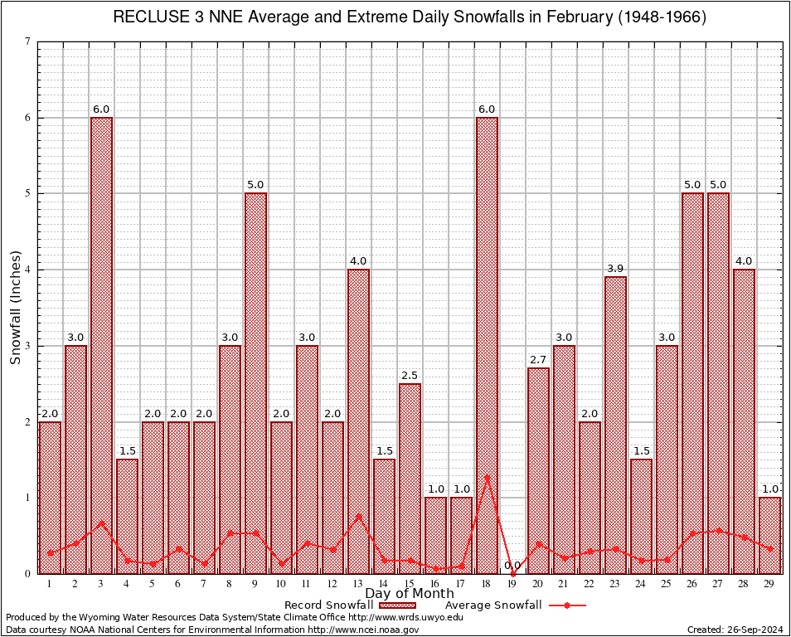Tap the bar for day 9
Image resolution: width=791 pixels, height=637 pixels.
(255, 382)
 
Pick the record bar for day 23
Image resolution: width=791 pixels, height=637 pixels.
(615, 424)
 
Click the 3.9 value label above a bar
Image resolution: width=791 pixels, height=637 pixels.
(615, 268)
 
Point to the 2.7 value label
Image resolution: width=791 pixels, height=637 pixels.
(538, 359)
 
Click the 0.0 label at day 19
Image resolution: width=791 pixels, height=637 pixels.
(512, 565)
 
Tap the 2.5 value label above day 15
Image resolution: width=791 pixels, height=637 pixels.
(410, 375)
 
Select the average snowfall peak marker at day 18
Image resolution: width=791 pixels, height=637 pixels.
(487, 477)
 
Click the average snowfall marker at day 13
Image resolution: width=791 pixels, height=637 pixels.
(358, 516)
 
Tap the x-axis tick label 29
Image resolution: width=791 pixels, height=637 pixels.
(769, 584)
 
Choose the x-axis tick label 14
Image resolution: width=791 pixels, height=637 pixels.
(384, 584)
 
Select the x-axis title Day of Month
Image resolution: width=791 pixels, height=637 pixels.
(410, 594)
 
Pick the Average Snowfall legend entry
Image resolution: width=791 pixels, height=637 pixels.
(514, 605)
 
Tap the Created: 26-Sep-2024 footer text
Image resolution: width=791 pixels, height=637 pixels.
(735, 630)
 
